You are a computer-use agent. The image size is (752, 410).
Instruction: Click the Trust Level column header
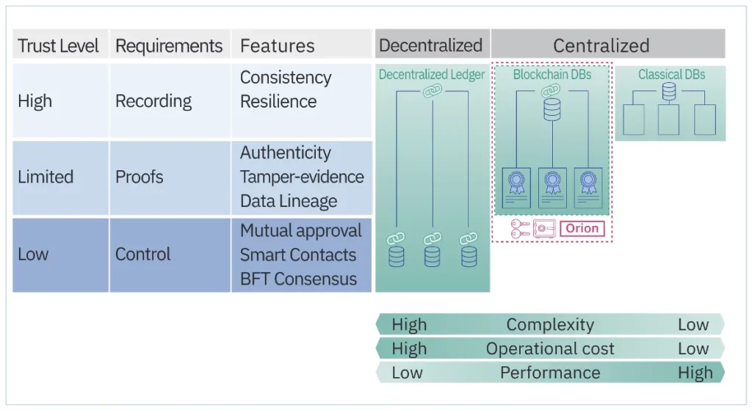coord(58,46)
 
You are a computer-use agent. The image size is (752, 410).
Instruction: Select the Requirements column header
coord(169,46)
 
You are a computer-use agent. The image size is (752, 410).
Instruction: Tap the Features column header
coord(277,46)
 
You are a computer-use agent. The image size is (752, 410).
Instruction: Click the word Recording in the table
coord(153,101)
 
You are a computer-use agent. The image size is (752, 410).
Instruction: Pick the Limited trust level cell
coord(46,177)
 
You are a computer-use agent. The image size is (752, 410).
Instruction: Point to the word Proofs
coord(139,177)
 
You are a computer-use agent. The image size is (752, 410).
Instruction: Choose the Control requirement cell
coord(142,255)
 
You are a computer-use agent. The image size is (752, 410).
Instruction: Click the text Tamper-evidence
coord(302,177)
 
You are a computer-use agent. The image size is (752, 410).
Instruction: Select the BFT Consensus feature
coord(298,279)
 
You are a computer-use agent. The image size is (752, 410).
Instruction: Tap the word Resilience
coord(278,101)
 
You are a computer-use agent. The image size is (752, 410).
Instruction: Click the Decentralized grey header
coord(430,45)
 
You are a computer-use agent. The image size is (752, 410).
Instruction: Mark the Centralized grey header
coord(601,45)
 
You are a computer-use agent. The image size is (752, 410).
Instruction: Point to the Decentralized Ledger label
coord(432,75)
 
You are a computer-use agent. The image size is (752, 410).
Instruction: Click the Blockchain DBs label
coord(552,75)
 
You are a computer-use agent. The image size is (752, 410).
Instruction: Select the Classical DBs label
coord(671,75)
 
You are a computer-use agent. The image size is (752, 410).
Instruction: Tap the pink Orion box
coord(582,229)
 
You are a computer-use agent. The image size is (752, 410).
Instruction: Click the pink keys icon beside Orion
coord(521,229)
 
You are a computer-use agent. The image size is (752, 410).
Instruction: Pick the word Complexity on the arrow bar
coord(550,325)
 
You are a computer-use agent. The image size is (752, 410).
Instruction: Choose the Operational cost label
coord(550,349)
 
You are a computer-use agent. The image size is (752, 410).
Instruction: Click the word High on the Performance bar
coord(695,373)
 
